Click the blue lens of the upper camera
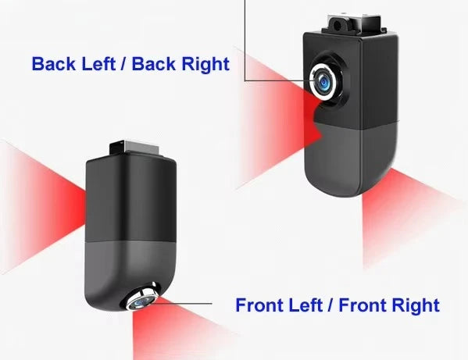click(323, 81)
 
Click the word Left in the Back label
click(98, 64)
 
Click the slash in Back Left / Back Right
click(123, 64)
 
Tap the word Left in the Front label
click(305, 305)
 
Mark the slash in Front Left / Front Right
click(330, 305)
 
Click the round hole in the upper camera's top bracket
click(338, 27)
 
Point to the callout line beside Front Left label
click(181, 304)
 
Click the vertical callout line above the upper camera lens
click(245, 41)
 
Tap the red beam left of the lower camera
click(41, 207)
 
